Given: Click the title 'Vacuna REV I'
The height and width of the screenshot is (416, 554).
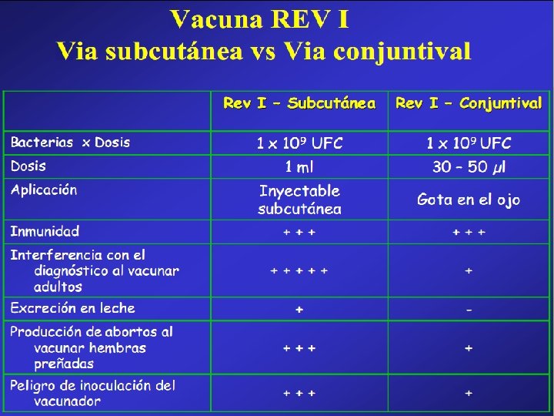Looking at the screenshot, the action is pos(260,19).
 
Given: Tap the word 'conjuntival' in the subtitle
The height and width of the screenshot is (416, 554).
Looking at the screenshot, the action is pos(402,52).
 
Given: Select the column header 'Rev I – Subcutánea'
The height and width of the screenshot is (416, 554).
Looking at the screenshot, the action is pos(299,103).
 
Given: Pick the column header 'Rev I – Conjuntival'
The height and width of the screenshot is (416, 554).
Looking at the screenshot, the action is pos(469,103).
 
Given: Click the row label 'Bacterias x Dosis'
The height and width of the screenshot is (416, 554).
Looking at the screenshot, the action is pos(70,143).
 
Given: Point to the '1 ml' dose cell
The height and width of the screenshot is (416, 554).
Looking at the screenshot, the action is pos(299,166).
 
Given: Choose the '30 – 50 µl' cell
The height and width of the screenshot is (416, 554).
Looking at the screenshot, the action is pos(469,166).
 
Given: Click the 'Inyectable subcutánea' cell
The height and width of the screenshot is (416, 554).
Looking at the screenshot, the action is pos(299,200).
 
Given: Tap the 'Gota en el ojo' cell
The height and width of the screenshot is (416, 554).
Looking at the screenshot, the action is pos(469,200).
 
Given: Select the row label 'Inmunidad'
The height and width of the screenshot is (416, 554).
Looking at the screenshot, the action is pos(45,231).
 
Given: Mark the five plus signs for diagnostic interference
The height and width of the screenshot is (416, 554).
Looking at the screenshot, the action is pos(299,271).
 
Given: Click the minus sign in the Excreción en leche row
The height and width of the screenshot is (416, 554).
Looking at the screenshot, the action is pos(469,310).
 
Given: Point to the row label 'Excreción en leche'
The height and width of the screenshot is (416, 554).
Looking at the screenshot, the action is pos(73,308).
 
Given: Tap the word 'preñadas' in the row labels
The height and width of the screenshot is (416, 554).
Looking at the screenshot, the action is pos(64,364).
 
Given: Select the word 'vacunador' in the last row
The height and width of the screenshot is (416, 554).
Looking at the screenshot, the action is pos(68,401).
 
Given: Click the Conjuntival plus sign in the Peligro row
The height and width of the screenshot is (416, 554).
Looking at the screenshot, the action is pos(469,393).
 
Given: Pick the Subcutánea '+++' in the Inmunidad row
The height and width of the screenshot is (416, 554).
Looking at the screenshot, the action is pos(299,232).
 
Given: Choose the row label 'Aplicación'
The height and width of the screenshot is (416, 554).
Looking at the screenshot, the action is pos(44,190).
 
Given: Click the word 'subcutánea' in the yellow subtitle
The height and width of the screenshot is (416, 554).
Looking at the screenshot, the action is pos(174,52).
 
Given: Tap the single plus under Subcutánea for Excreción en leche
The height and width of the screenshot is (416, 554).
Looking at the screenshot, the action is pos(299,310).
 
